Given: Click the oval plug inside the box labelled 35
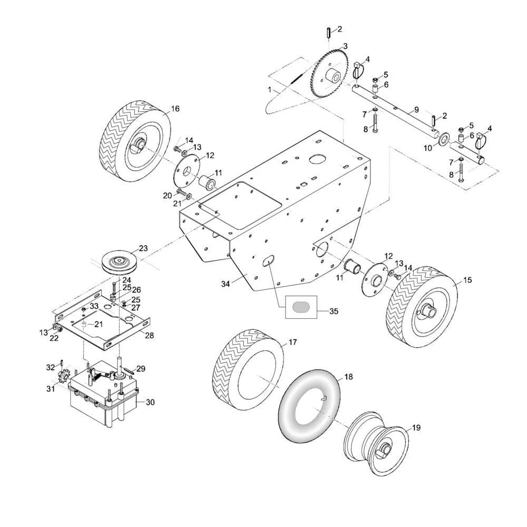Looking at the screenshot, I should (302, 307).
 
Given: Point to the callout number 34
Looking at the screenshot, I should (225, 285).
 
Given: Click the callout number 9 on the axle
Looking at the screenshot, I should (416, 110).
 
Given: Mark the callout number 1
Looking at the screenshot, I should (270, 90).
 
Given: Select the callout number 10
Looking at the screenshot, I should (427, 148).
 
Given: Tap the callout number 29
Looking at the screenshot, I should (141, 368).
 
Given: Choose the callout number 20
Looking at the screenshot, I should (167, 195).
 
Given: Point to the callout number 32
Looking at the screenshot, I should (51, 367).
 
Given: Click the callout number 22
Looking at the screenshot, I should (54, 338).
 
